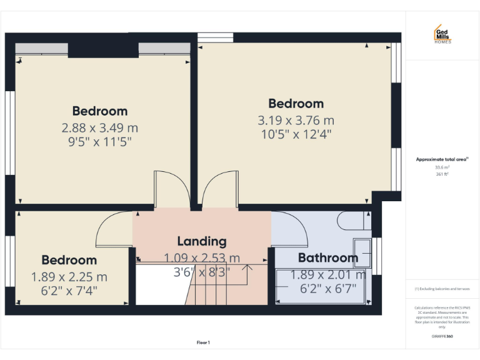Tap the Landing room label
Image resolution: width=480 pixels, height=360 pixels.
(202, 241)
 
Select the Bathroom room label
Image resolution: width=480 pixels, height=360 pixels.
(327, 257)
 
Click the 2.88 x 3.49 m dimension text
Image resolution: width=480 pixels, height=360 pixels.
(100, 127)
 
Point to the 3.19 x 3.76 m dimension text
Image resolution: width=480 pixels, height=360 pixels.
(296, 120)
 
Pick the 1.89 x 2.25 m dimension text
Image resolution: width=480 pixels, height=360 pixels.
(69, 276)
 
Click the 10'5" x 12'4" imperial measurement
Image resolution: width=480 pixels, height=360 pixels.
(296, 134)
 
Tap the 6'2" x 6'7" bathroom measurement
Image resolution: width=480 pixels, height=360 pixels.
(327, 288)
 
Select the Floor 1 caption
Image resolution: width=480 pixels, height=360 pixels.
(203, 342)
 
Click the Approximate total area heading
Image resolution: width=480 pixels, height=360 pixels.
(442, 159)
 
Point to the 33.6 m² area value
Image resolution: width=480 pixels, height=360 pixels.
(442, 167)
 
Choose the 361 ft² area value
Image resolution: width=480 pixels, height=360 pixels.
(442, 174)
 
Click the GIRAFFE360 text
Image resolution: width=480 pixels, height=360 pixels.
(442, 336)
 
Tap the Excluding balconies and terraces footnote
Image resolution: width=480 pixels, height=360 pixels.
(442, 289)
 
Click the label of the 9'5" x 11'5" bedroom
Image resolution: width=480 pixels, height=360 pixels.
(100, 111)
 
